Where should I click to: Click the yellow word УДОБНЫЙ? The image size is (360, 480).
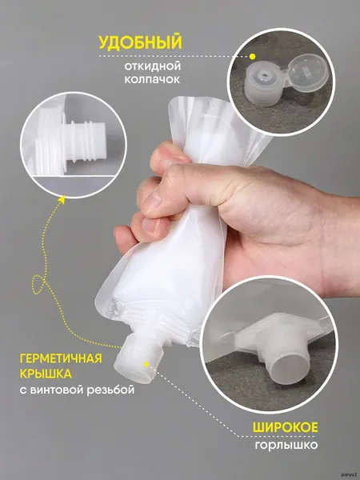(140, 43)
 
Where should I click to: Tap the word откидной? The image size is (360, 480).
(153, 66)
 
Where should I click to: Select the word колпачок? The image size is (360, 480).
(152, 79)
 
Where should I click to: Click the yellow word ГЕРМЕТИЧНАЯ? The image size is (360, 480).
(61, 358)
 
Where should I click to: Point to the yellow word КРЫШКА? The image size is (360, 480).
(46, 374)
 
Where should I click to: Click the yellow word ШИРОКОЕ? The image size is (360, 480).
(286, 427)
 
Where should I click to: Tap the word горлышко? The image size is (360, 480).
(286, 445)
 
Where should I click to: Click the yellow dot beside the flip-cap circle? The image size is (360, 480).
(252, 56)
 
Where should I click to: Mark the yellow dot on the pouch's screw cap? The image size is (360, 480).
(146, 364)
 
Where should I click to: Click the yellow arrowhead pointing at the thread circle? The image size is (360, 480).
(62, 199)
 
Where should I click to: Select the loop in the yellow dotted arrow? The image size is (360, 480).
(39, 285)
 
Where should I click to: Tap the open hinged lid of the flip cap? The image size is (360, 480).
(308, 74)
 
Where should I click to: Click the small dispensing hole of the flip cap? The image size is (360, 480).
(262, 74)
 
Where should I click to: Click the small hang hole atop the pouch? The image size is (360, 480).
(210, 104)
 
